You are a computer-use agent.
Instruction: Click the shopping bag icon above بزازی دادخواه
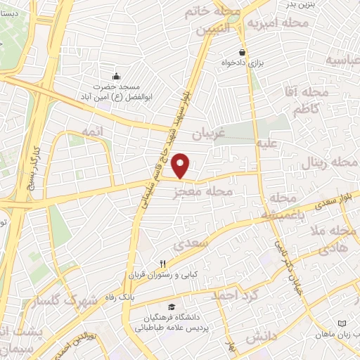[243, 51]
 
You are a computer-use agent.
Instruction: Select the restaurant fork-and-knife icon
[162, 264]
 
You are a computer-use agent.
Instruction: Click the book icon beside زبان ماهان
[343, 323]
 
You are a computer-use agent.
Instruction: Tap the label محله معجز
[205, 191]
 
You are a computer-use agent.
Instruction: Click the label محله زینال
[330, 163]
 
